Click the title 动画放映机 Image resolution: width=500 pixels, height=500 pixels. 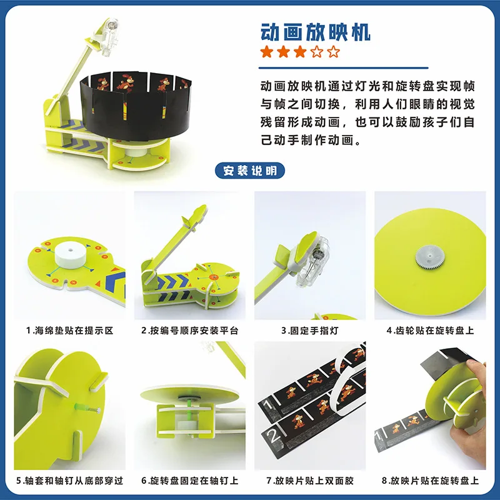point(315,31)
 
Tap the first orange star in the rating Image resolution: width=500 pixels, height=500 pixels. point(267,51)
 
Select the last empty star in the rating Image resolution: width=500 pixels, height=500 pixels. point(334,51)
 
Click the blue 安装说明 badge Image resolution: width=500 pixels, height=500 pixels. point(249,170)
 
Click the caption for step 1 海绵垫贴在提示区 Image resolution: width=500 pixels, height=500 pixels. point(69,330)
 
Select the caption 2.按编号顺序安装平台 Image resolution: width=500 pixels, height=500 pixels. point(189,330)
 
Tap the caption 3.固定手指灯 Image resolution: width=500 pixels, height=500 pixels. point(309,330)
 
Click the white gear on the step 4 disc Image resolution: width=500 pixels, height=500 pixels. point(427,254)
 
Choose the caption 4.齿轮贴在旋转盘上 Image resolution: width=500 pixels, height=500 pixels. point(430,330)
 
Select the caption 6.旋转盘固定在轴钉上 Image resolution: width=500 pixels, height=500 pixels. point(189,481)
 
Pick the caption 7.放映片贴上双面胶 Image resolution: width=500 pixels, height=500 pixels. point(309,481)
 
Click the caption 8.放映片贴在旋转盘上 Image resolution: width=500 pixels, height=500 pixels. point(430,481)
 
